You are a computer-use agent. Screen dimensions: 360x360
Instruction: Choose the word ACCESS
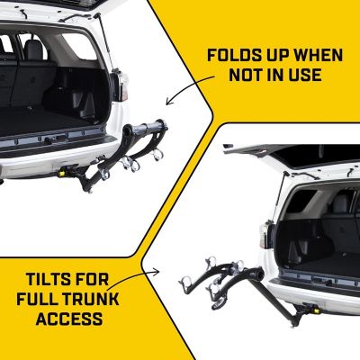coord(64,319)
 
